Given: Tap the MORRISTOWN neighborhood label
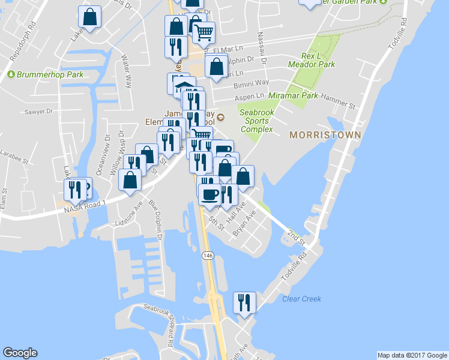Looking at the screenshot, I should [325, 135].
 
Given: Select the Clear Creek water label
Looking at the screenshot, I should [301, 299].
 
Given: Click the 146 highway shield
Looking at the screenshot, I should [206, 256].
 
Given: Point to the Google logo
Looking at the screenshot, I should [20, 353].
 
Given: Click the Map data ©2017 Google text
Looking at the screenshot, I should [412, 355].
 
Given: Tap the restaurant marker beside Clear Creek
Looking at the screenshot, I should [244, 302].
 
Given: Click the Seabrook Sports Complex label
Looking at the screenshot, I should [256, 121].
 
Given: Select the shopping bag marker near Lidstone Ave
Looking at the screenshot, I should [130, 181].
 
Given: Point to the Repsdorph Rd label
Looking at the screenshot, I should [23, 41].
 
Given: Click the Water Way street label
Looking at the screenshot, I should [127, 72].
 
